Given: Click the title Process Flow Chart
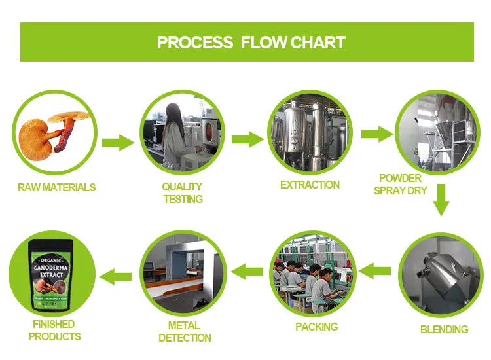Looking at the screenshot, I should pyautogui.click(x=251, y=43).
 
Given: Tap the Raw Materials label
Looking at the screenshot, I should pyautogui.click(x=56, y=187).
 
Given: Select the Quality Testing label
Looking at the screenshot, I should pyautogui.click(x=183, y=193).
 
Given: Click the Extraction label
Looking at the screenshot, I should pyautogui.click(x=310, y=185).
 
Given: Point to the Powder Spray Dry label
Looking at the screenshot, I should pyautogui.click(x=400, y=185).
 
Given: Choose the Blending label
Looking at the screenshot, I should pyautogui.click(x=444, y=329).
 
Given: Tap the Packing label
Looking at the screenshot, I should pyautogui.click(x=316, y=327).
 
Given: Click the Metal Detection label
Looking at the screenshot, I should pyautogui.click(x=185, y=332).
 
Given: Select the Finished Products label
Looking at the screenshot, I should pyautogui.click(x=56, y=331).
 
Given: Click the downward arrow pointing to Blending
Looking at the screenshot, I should pyautogui.click(x=442, y=200).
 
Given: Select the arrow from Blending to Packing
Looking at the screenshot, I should pyautogui.click(x=376, y=269).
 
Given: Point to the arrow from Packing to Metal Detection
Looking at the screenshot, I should pyautogui.click(x=248, y=269).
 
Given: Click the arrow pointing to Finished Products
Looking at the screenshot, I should pyautogui.click(x=120, y=275).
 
